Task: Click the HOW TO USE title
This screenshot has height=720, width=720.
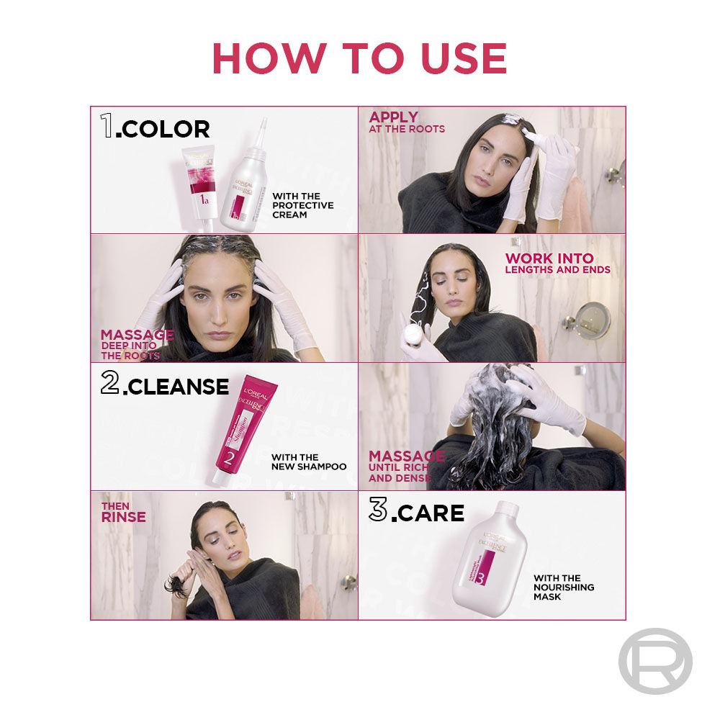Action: (359, 58)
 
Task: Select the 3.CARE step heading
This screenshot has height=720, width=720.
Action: (417, 512)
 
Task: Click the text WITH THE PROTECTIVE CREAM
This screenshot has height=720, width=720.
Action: (302, 205)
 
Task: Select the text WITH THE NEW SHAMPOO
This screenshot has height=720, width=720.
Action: (309, 462)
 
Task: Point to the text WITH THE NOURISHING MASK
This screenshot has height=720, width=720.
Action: (564, 587)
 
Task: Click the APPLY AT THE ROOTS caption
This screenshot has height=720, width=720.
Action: (407, 122)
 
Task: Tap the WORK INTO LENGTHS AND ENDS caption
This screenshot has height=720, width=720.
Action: (557, 263)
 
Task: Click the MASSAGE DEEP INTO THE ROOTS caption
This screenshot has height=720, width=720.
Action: (136, 344)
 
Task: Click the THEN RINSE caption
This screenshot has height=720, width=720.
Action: (123, 513)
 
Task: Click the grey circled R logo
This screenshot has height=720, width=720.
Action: (654, 660)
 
